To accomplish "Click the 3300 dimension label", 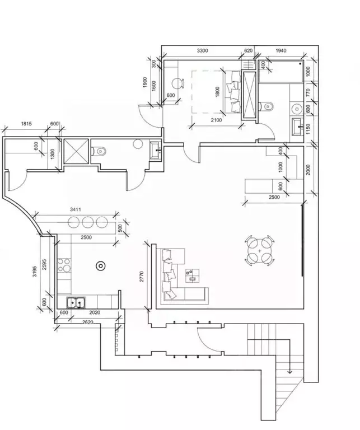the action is pyautogui.click(x=202, y=50).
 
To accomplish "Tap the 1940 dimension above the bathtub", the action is pyautogui.click(x=280, y=50).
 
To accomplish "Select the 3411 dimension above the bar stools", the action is pyautogui.click(x=76, y=209).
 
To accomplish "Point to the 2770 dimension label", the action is pyautogui.click(x=142, y=277).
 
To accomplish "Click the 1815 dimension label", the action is pyautogui.click(x=26, y=124).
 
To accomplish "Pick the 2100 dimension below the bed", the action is pyautogui.click(x=216, y=120).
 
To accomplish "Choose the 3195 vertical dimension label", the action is pyautogui.click(x=35, y=271).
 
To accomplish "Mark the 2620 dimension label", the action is pyautogui.click(x=88, y=322).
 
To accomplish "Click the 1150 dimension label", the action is pyautogui.click(x=308, y=129).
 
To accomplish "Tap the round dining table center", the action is pyautogui.click(x=260, y=251).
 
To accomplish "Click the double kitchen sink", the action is pyautogui.click(x=76, y=303).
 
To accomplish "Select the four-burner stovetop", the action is pyautogui.click(x=64, y=265).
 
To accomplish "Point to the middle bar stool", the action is pyautogui.click(x=88, y=222).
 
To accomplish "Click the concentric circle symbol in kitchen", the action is pyautogui.click(x=101, y=266).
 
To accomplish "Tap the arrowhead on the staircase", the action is pyautogui.click(x=289, y=372).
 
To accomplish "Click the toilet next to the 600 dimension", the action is pyautogui.click(x=267, y=106).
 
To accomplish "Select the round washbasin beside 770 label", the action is pyautogui.click(x=297, y=109).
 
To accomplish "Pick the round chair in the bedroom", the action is pyautogui.click(x=177, y=83).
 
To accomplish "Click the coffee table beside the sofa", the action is pyautogui.click(x=192, y=275).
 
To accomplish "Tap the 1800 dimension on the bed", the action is pyautogui.click(x=218, y=92).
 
